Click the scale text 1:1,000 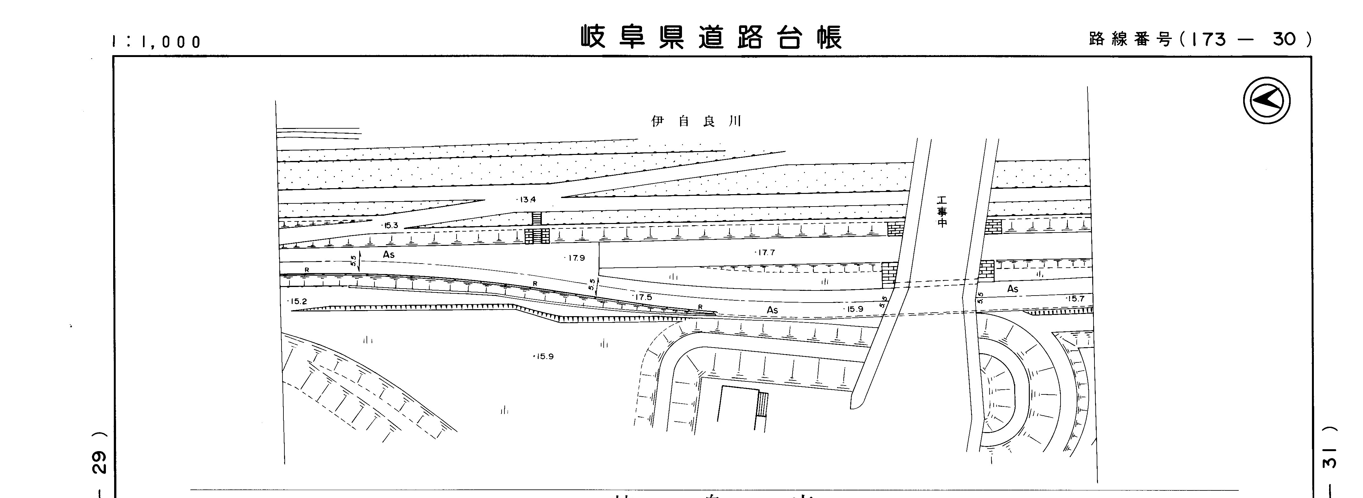(x=157, y=42)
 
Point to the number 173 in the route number (x=1209, y=39)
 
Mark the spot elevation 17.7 (x=765, y=253)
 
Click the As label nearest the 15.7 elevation (x=1012, y=289)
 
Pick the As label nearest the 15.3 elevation (x=389, y=255)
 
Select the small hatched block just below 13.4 (x=536, y=218)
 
